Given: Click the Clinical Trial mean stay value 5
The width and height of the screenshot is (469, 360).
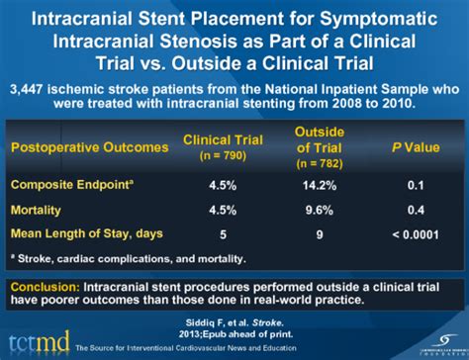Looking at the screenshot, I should click(x=222, y=233).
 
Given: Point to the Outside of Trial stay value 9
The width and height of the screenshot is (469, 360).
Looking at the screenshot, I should click(x=320, y=233).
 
